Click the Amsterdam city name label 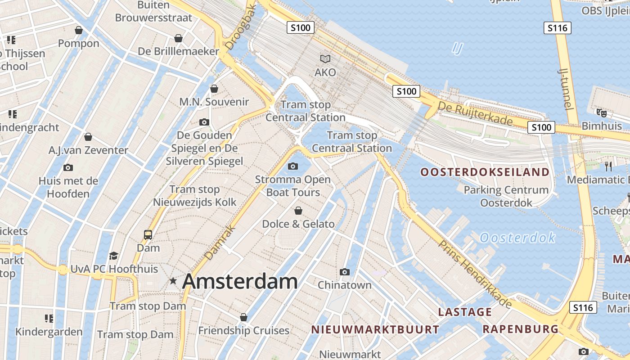click(x=240, y=281)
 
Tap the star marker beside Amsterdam click(x=173, y=281)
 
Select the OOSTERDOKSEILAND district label click(x=485, y=172)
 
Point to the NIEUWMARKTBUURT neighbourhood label click(x=375, y=329)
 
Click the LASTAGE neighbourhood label click(x=465, y=312)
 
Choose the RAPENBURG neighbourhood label click(x=520, y=329)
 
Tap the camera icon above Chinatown click(x=345, y=272)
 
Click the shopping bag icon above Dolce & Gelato click(x=298, y=211)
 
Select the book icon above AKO click(x=325, y=59)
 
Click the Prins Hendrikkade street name click(x=475, y=274)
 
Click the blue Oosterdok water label click(x=517, y=238)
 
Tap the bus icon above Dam click(x=148, y=234)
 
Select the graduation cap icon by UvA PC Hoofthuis click(x=113, y=256)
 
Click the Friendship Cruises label click(x=243, y=331)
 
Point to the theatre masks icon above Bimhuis click(x=601, y=112)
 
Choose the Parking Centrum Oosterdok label click(x=506, y=196)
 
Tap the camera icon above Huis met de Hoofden click(x=68, y=167)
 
